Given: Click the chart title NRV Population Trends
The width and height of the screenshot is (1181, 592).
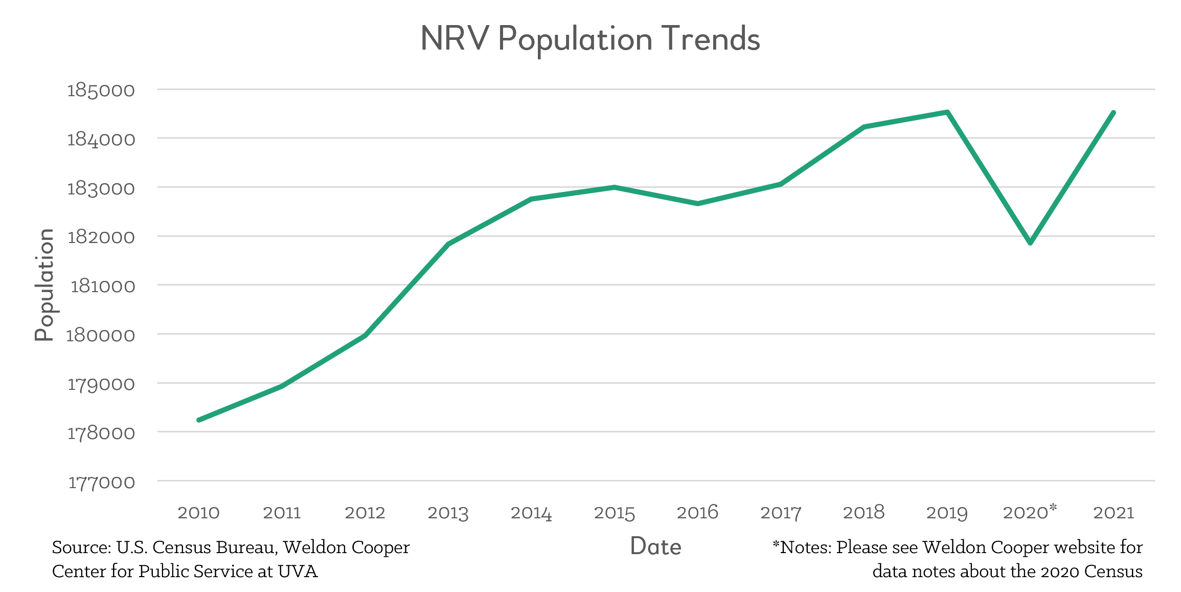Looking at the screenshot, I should click(x=590, y=39).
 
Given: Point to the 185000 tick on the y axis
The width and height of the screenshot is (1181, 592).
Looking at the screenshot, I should click(x=101, y=91).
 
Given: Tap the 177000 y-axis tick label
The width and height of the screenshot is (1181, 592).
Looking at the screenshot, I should click(x=101, y=482).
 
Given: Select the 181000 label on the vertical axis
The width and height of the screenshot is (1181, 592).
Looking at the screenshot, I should click(x=102, y=286).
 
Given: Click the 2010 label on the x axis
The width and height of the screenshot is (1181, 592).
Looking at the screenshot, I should click(x=198, y=513).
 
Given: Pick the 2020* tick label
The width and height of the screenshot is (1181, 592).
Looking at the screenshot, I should click(x=1030, y=512).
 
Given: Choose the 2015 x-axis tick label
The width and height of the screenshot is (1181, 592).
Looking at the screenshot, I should click(x=614, y=513).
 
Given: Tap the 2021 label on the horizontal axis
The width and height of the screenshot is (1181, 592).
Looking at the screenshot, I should click(x=1114, y=513).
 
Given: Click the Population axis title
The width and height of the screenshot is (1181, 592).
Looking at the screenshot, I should click(x=44, y=284).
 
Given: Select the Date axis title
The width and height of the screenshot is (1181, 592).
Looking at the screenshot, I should click(x=655, y=546).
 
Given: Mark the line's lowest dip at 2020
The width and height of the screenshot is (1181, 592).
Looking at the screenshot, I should click(x=1030, y=243).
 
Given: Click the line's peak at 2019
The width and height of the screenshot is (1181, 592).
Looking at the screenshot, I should click(x=947, y=112).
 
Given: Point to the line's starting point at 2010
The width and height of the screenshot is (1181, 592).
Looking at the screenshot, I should click(x=199, y=420).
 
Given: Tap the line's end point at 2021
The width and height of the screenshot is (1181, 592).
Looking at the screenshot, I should click(x=1113, y=113).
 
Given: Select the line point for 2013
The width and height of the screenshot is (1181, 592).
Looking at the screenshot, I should click(x=448, y=244).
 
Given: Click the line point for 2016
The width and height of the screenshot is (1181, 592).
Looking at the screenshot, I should click(x=698, y=204).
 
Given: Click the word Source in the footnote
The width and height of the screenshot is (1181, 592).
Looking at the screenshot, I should click(x=81, y=547).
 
